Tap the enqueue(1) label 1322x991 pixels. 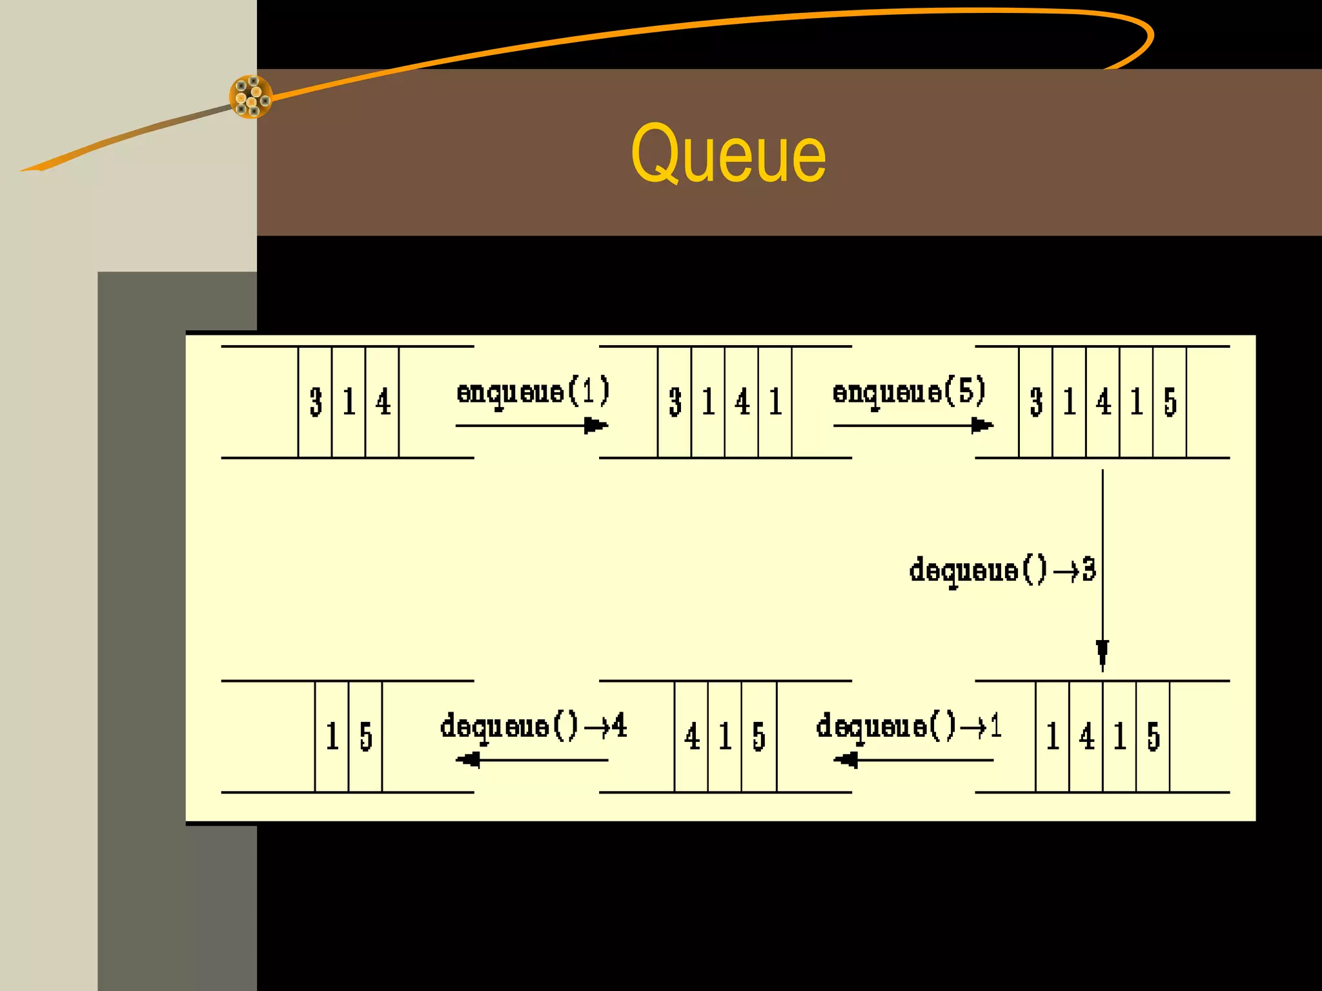pyautogui.click(x=533, y=392)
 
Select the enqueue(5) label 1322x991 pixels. pyautogui.click(x=909, y=392)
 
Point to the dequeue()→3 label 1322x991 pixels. pyautogui.click(x=1002, y=570)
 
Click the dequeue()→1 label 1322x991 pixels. pyautogui.click(x=908, y=727)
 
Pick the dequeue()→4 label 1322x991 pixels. pyautogui.click(x=533, y=727)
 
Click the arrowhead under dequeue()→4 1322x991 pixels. pyautogui.click(x=469, y=760)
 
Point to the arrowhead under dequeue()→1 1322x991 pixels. pyautogui.click(x=846, y=760)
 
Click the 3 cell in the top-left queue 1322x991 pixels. pyautogui.click(x=316, y=402)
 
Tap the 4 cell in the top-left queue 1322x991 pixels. pyautogui.click(x=383, y=402)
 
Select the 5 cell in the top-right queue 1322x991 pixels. pyautogui.click(x=1170, y=402)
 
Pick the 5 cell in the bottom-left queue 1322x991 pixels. pyautogui.click(x=365, y=736)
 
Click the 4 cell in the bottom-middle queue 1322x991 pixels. pyautogui.click(x=692, y=736)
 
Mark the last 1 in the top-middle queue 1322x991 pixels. pyautogui.click(x=775, y=402)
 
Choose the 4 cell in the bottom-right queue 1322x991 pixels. pyautogui.click(x=1086, y=736)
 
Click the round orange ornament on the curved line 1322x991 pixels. pyautogui.click(x=250, y=97)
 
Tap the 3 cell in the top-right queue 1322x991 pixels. pyautogui.click(x=1036, y=402)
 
